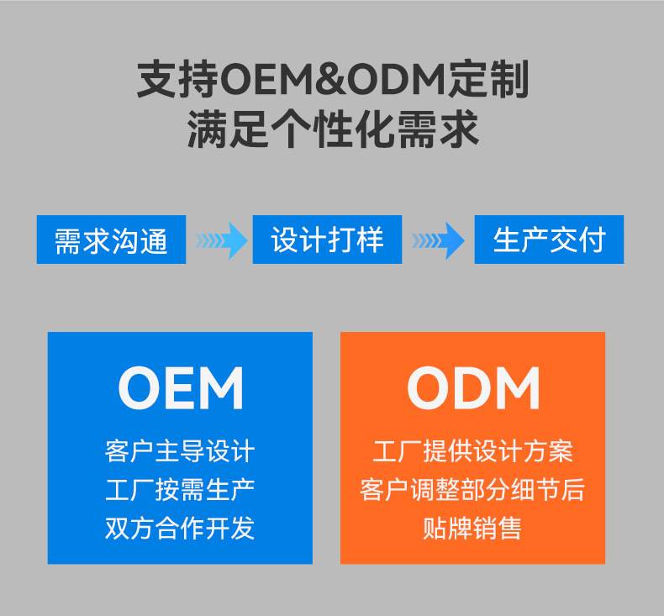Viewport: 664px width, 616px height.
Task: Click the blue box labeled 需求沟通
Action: pyautogui.click(x=111, y=240)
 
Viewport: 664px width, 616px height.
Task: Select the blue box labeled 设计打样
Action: pyautogui.click(x=327, y=240)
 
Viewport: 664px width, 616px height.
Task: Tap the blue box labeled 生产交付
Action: pyautogui.click(x=549, y=240)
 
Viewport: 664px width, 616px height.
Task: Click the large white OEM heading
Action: pyautogui.click(x=181, y=387)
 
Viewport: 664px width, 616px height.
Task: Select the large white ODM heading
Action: pyautogui.click(x=473, y=387)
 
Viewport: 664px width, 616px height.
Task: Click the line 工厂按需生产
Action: pyautogui.click(x=180, y=489)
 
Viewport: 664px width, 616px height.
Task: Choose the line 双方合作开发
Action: pyautogui.click(x=180, y=528)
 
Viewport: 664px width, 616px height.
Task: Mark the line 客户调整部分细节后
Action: pyautogui.click(x=472, y=489)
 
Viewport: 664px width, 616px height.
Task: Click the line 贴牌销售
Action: pyautogui.click(x=472, y=528)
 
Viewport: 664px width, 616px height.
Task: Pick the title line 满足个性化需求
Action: pyautogui.click(x=333, y=131)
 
